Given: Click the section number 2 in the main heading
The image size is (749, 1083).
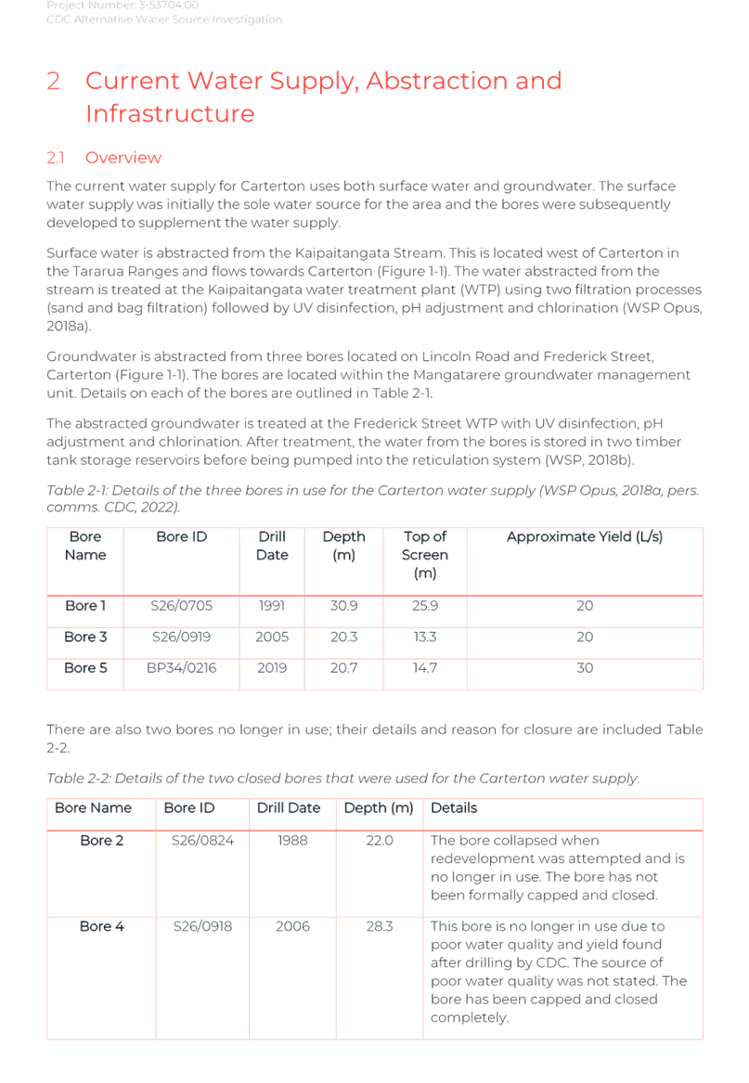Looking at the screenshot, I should (x=54, y=82).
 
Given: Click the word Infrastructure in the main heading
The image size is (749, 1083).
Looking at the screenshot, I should (x=170, y=114).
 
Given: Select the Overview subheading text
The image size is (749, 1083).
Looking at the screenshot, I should (x=123, y=158).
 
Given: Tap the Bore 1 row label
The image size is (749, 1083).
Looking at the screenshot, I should (x=84, y=606).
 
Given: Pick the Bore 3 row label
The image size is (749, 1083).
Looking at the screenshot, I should (x=84, y=637).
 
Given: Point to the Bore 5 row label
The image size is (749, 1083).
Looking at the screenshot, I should (x=84, y=667).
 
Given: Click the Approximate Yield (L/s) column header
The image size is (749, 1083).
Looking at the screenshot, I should (x=584, y=536).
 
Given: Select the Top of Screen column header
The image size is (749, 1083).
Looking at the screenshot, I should (x=424, y=555).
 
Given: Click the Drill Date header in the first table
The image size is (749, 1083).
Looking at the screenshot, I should (x=271, y=546).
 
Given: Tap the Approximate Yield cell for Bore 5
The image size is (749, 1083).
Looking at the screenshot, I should (x=584, y=667).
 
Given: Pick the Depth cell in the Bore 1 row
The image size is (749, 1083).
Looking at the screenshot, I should (x=343, y=606).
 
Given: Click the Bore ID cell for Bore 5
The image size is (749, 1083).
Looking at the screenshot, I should (x=181, y=667).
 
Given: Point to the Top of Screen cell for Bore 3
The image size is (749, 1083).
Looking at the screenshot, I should (x=424, y=637).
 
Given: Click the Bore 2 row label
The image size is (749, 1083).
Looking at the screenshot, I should (x=101, y=841).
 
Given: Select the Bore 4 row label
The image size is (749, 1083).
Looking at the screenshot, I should (x=101, y=926).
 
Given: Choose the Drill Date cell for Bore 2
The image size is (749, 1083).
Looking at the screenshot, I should (x=292, y=841).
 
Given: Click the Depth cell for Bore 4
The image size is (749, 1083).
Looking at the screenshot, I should (x=379, y=926).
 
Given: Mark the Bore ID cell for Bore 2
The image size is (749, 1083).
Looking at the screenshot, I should (x=202, y=841).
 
